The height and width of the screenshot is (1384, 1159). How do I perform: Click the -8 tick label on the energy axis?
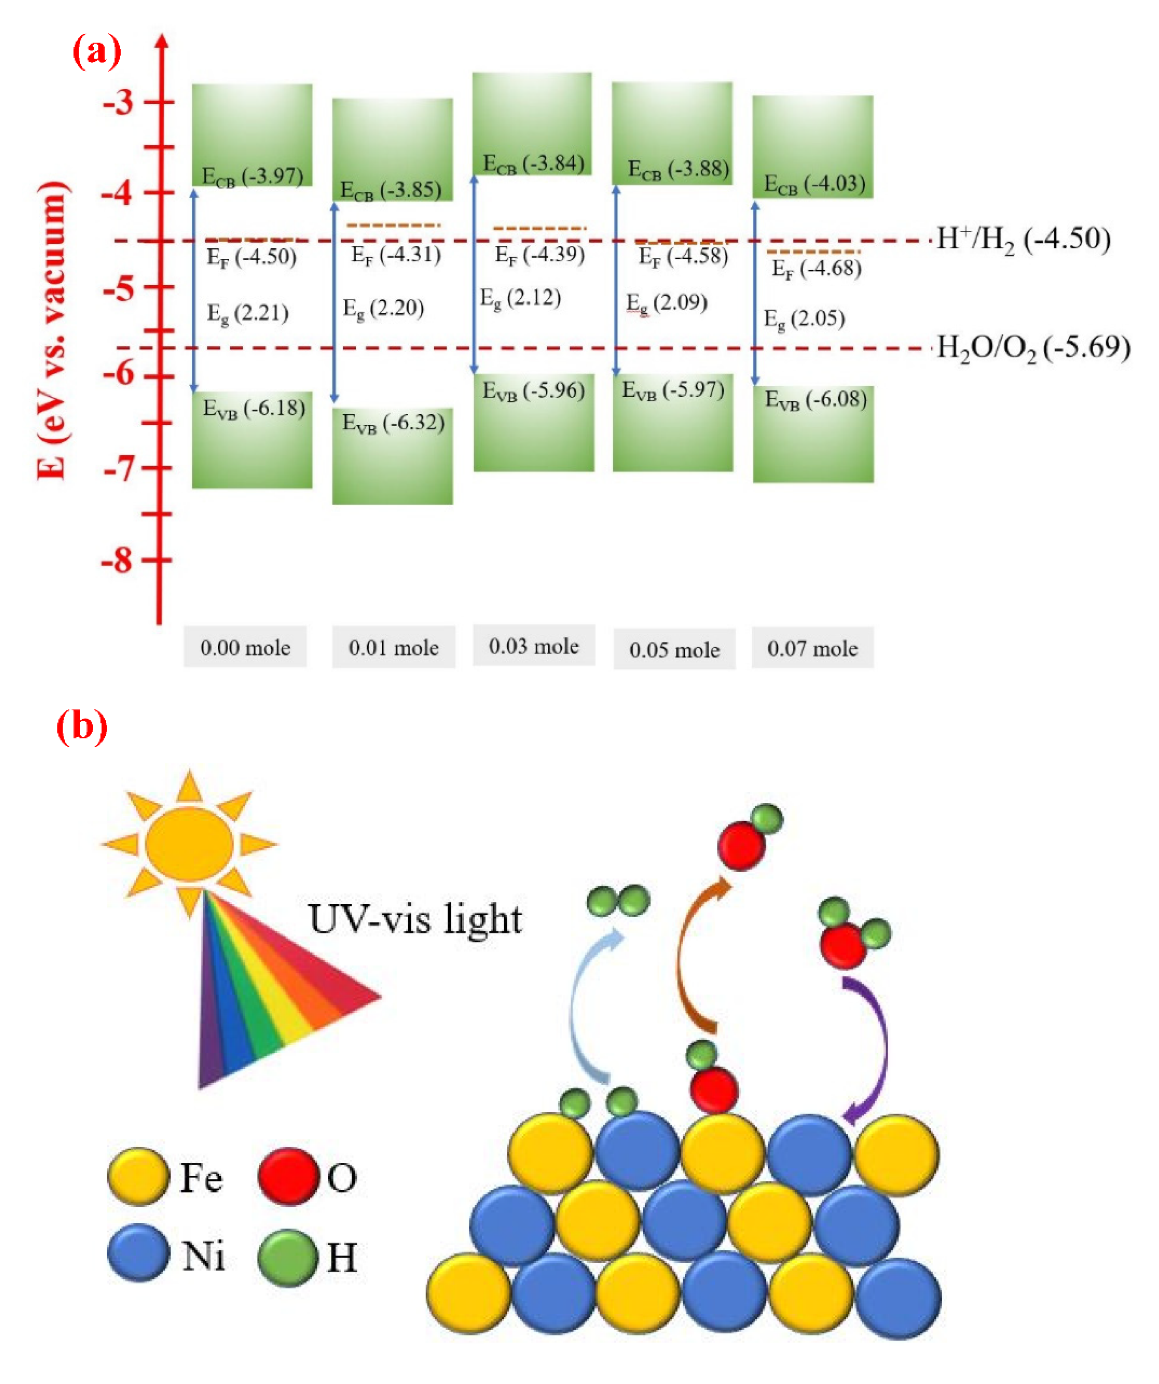(117, 561)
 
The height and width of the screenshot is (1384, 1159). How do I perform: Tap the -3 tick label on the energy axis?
(119, 102)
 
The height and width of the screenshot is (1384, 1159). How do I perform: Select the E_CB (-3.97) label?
(252, 177)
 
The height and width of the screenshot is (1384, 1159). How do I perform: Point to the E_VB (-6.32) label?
(393, 423)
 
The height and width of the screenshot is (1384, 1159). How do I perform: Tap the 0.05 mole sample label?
(674, 650)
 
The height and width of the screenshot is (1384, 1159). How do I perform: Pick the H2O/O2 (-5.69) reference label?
(1033, 348)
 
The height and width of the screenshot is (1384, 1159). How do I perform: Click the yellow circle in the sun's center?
(189, 843)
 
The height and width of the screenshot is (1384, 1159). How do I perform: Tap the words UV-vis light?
(415, 920)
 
